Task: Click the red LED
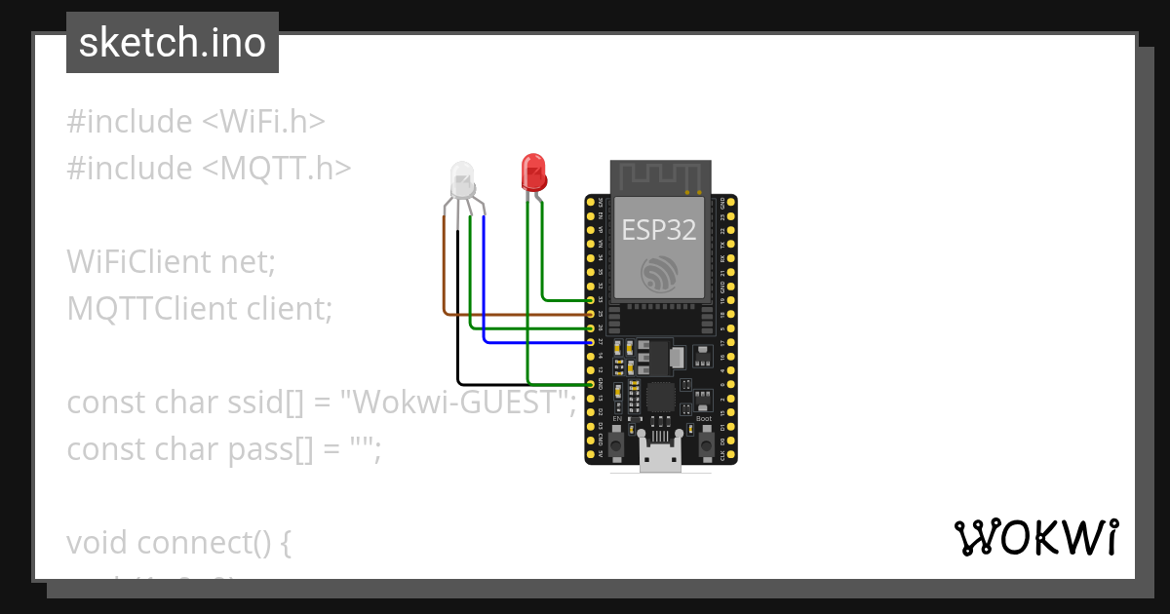pos(532,172)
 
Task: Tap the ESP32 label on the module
pos(660,230)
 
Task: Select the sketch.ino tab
pos(173,43)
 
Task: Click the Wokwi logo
pos(1035,537)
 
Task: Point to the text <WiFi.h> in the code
pos(263,122)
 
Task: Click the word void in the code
pos(97,543)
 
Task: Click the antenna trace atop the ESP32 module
pos(660,177)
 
